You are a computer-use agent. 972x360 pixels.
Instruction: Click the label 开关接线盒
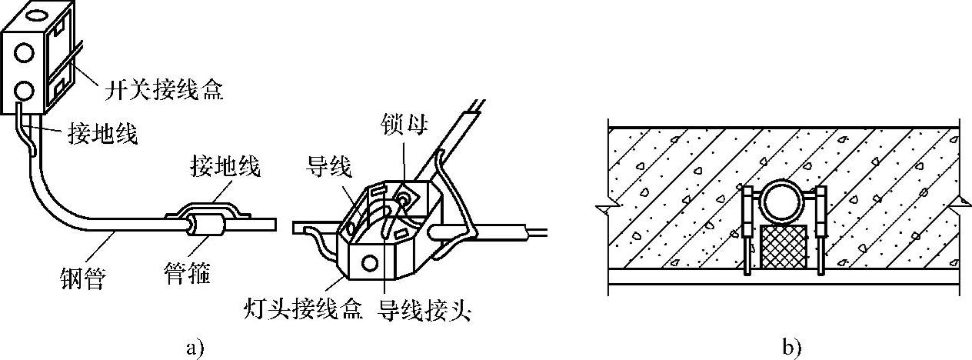tap(162, 91)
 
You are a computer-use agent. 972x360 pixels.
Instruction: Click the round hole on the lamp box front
tap(371, 264)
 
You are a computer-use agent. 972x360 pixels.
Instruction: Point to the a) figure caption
tap(194, 348)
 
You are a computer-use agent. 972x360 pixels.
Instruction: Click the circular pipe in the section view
tap(781, 203)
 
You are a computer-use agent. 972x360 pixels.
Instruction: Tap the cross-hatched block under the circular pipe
tap(782, 248)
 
